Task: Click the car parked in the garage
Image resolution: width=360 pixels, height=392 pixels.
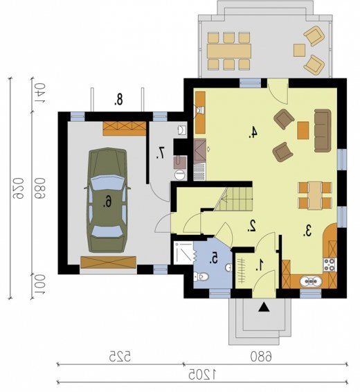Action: (x=107, y=200)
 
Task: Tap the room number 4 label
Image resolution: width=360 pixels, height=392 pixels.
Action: (x=253, y=132)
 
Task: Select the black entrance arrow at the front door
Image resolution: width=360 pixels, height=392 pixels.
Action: (x=264, y=308)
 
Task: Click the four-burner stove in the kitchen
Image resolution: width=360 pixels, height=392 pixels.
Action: (x=330, y=265)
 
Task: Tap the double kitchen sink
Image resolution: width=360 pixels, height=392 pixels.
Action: (x=311, y=281)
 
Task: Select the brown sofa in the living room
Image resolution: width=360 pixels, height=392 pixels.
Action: (x=323, y=130)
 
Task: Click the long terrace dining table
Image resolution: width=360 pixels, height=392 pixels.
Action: (x=229, y=51)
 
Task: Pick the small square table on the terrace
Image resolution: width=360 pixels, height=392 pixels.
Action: (x=299, y=50)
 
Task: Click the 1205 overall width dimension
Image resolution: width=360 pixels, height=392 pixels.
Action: (x=202, y=374)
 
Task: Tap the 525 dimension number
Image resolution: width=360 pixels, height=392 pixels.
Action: (x=119, y=356)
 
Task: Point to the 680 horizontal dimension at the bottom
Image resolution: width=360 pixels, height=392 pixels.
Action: (x=261, y=356)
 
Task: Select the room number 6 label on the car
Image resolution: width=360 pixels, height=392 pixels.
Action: (x=107, y=202)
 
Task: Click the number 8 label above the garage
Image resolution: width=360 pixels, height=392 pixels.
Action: (x=118, y=99)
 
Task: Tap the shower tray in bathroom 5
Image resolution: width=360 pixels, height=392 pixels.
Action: (x=183, y=253)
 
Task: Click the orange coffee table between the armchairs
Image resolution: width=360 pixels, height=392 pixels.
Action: (x=303, y=130)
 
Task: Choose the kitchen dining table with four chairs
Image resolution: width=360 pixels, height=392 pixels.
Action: (x=315, y=195)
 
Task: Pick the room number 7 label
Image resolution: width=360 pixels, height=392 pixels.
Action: (x=161, y=153)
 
